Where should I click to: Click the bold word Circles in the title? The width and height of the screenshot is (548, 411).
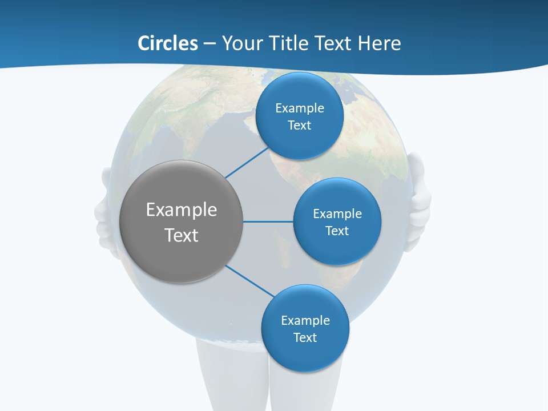tap(168, 43)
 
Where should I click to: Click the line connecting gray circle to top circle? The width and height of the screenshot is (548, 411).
tap(247, 162)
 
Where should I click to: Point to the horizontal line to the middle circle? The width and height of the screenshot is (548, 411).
tap(268, 221)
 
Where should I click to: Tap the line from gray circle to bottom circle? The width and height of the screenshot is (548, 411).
tap(249, 280)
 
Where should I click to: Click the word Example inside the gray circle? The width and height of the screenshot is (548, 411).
tap(182, 210)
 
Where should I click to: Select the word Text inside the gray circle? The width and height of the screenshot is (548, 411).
tap(182, 235)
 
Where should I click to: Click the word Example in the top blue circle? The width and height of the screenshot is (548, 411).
tap(300, 108)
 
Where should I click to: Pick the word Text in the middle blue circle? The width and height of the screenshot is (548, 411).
tap(337, 231)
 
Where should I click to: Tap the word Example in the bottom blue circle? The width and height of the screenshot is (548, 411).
tap(305, 320)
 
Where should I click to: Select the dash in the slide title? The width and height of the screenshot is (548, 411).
tap(209, 44)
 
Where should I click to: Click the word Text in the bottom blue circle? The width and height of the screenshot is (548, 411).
tap(305, 337)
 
